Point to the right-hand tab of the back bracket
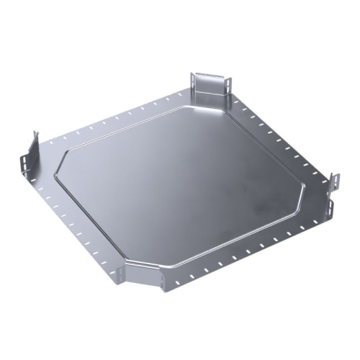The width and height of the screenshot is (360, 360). pyautogui.click(x=229, y=82)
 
